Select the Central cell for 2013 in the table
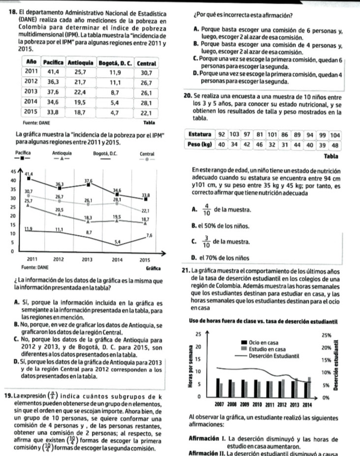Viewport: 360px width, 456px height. point(146,92)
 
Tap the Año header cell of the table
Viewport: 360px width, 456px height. point(30,63)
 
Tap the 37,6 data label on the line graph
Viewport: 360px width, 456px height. point(89,181)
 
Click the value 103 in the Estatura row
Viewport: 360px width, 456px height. point(234,135)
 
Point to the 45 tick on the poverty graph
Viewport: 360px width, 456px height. point(5,171)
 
